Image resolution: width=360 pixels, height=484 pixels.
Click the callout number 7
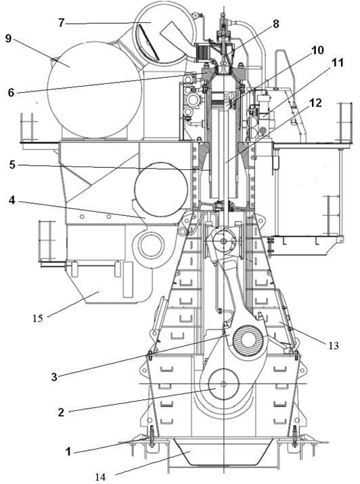[x=61, y=23]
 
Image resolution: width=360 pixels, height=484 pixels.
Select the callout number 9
[x=8, y=39]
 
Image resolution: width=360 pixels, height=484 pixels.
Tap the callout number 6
[x=11, y=92]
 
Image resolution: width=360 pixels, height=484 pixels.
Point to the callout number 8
[x=275, y=24]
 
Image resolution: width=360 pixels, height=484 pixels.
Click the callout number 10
[x=317, y=50]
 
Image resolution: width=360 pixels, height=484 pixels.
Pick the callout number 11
[x=338, y=63]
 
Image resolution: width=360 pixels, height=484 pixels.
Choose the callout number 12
[x=315, y=103]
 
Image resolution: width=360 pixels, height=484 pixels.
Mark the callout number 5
[x=12, y=164]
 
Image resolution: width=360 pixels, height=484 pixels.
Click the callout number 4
[x=12, y=200]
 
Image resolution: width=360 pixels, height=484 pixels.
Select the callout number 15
[x=38, y=318]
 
